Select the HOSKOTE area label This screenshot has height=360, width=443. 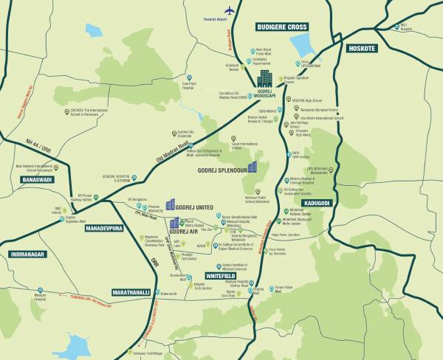362,48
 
